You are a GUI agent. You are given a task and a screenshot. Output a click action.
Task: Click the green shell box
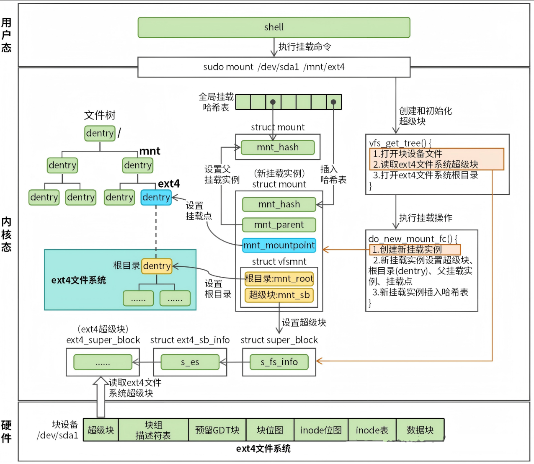pos(274,28)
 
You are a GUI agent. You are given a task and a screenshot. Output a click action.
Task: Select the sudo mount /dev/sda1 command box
pos(274,67)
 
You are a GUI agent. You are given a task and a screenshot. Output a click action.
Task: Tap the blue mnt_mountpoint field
pos(279,245)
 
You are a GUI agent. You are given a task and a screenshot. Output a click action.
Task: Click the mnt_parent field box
pos(279,225)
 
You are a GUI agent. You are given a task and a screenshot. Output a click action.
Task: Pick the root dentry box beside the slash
pos(100,134)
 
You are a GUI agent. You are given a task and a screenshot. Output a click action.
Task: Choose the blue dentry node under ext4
pos(156,197)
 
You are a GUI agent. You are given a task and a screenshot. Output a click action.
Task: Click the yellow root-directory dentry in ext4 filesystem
pos(157,266)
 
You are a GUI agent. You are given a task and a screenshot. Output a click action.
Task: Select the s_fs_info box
pos(279,362)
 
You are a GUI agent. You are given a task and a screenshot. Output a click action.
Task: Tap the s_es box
pos(190,362)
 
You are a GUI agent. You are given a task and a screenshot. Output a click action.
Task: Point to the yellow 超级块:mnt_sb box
pos(279,295)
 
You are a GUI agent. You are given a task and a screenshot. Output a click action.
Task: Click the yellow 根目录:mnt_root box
pos(279,279)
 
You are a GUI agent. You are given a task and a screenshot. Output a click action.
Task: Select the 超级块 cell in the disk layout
pos(101,430)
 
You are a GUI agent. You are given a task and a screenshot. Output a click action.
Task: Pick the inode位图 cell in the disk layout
pos(321,430)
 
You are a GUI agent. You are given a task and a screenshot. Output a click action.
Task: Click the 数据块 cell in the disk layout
pos(420,430)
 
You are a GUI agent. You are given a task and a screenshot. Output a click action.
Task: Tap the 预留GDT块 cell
pos(217,430)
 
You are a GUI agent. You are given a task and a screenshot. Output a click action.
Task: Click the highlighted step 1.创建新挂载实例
pos(415,250)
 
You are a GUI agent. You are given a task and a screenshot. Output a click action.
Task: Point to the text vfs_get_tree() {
pos(400,143)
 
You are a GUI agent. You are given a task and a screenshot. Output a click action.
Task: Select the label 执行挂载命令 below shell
pos(305,47)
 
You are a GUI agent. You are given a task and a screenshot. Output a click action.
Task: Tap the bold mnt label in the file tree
pos(150,151)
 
